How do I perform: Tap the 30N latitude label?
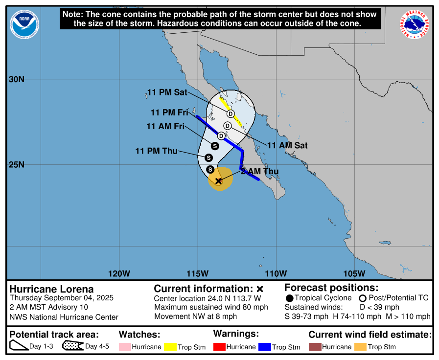coord(16,79)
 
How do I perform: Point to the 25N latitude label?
coord(16,164)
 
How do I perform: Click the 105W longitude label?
coord(354,273)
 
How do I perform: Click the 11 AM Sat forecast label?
coord(287,145)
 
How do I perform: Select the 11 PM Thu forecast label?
coord(157,151)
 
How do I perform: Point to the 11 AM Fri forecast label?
coord(165,126)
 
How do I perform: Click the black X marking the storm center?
coord(218,181)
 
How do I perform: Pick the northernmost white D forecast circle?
coord(231,114)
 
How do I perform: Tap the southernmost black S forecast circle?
coord(210,170)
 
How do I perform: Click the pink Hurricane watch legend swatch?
coord(126,347)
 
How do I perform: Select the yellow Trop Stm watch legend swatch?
coord(170,347)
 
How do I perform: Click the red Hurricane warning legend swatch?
coord(220,347)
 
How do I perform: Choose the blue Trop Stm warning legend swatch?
coord(265,347)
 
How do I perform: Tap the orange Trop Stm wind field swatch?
coord(360,347)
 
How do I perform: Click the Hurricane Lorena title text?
coord(51,289)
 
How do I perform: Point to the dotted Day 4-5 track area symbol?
coord(72,346)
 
